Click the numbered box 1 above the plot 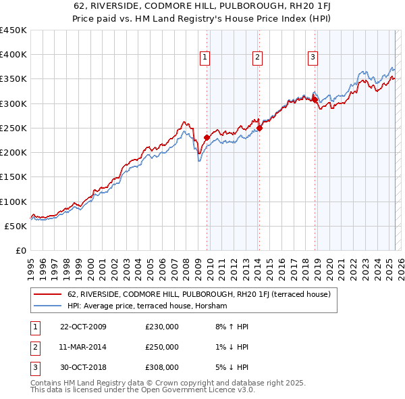(205, 58)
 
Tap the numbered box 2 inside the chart (258, 58)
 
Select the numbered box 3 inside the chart (313, 58)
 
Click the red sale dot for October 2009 (207, 137)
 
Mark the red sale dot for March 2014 (259, 128)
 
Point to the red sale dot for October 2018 (315, 99)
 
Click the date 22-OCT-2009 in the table (83, 327)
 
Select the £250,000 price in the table (162, 347)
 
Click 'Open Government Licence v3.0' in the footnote (202, 390)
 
